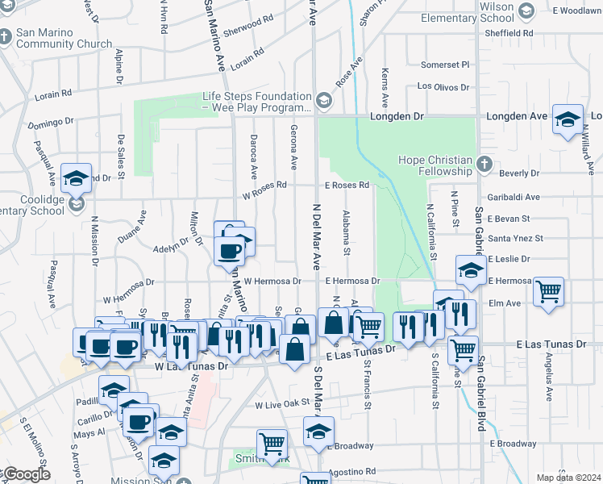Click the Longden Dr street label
pyautogui.click(x=397, y=116)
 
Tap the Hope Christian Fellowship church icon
pyautogui.click(x=484, y=165)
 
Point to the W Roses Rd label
pyautogui.click(x=264, y=185)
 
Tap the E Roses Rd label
pyautogui.click(x=347, y=185)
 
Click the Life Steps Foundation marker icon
pyautogui.click(x=324, y=101)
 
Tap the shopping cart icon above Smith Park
pyautogui.click(x=272, y=443)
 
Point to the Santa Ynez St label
pyautogui.click(x=515, y=238)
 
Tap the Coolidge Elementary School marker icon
pyautogui.click(x=77, y=204)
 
